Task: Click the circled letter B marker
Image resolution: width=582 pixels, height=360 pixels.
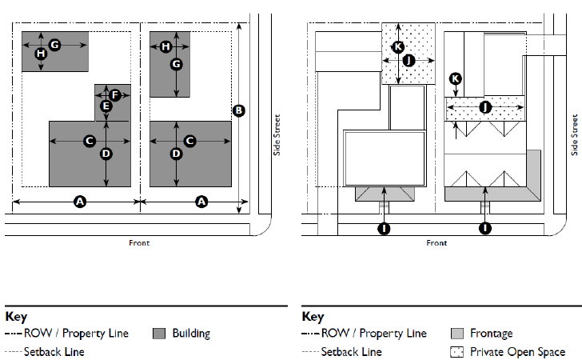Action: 237,110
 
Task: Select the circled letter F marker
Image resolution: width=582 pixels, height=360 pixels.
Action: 115,95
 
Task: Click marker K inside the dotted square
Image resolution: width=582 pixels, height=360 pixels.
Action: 398,47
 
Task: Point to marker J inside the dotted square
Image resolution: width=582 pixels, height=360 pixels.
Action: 409,60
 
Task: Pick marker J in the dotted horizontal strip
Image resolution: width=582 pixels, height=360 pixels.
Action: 485,107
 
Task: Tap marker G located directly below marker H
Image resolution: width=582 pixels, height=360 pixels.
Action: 177,64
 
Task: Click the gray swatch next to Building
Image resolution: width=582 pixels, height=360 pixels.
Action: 158,334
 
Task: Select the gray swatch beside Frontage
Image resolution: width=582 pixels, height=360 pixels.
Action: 457,334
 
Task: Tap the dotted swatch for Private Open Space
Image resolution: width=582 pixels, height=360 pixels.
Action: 457,351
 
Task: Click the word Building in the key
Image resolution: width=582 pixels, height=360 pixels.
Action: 191,334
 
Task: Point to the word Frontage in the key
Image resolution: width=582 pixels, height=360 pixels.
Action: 492,334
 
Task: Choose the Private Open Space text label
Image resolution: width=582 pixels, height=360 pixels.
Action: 517,351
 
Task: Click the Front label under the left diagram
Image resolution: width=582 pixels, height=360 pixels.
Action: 139,242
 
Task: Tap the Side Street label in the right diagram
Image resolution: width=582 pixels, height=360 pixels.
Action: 574,134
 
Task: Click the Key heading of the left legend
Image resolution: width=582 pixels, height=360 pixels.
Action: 16,317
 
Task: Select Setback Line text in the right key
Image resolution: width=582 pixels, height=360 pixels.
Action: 351,351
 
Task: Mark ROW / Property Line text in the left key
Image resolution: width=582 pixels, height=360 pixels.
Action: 76,334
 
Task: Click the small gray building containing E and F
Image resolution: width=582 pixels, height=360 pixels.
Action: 112,102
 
